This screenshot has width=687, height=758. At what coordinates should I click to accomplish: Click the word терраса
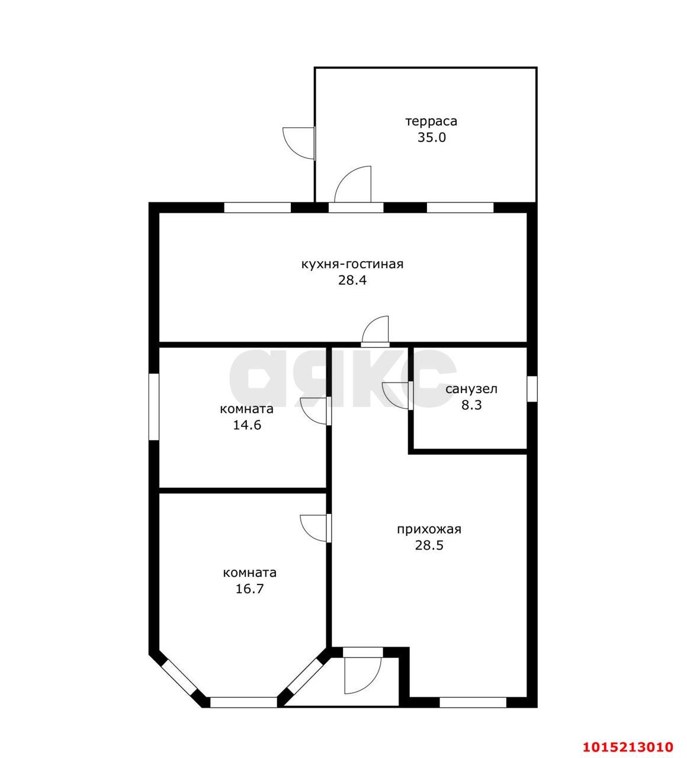[431, 121]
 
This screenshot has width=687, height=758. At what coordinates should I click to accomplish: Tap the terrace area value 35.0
[432, 137]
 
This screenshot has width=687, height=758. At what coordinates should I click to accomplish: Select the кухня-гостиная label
[352, 264]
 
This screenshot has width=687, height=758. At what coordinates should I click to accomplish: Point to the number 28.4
[352, 280]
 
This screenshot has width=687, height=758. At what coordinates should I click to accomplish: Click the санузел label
[471, 389]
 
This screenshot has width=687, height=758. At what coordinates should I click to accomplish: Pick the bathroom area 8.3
[471, 405]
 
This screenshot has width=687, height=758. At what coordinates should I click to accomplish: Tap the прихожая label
[429, 529]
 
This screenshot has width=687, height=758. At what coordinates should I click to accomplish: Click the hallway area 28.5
[429, 545]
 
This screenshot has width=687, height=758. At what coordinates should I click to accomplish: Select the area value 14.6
[247, 425]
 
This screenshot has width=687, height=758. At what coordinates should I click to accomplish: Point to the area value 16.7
[249, 589]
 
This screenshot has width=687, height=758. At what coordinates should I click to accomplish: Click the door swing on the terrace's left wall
[299, 143]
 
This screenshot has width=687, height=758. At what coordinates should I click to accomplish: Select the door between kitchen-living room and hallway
[375, 331]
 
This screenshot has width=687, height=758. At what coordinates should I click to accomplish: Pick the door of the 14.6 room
[316, 411]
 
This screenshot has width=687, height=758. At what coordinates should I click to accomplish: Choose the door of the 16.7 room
[316, 528]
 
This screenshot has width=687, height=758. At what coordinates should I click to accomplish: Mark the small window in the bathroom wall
[532, 389]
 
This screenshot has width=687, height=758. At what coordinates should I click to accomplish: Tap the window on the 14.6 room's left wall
[154, 407]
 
